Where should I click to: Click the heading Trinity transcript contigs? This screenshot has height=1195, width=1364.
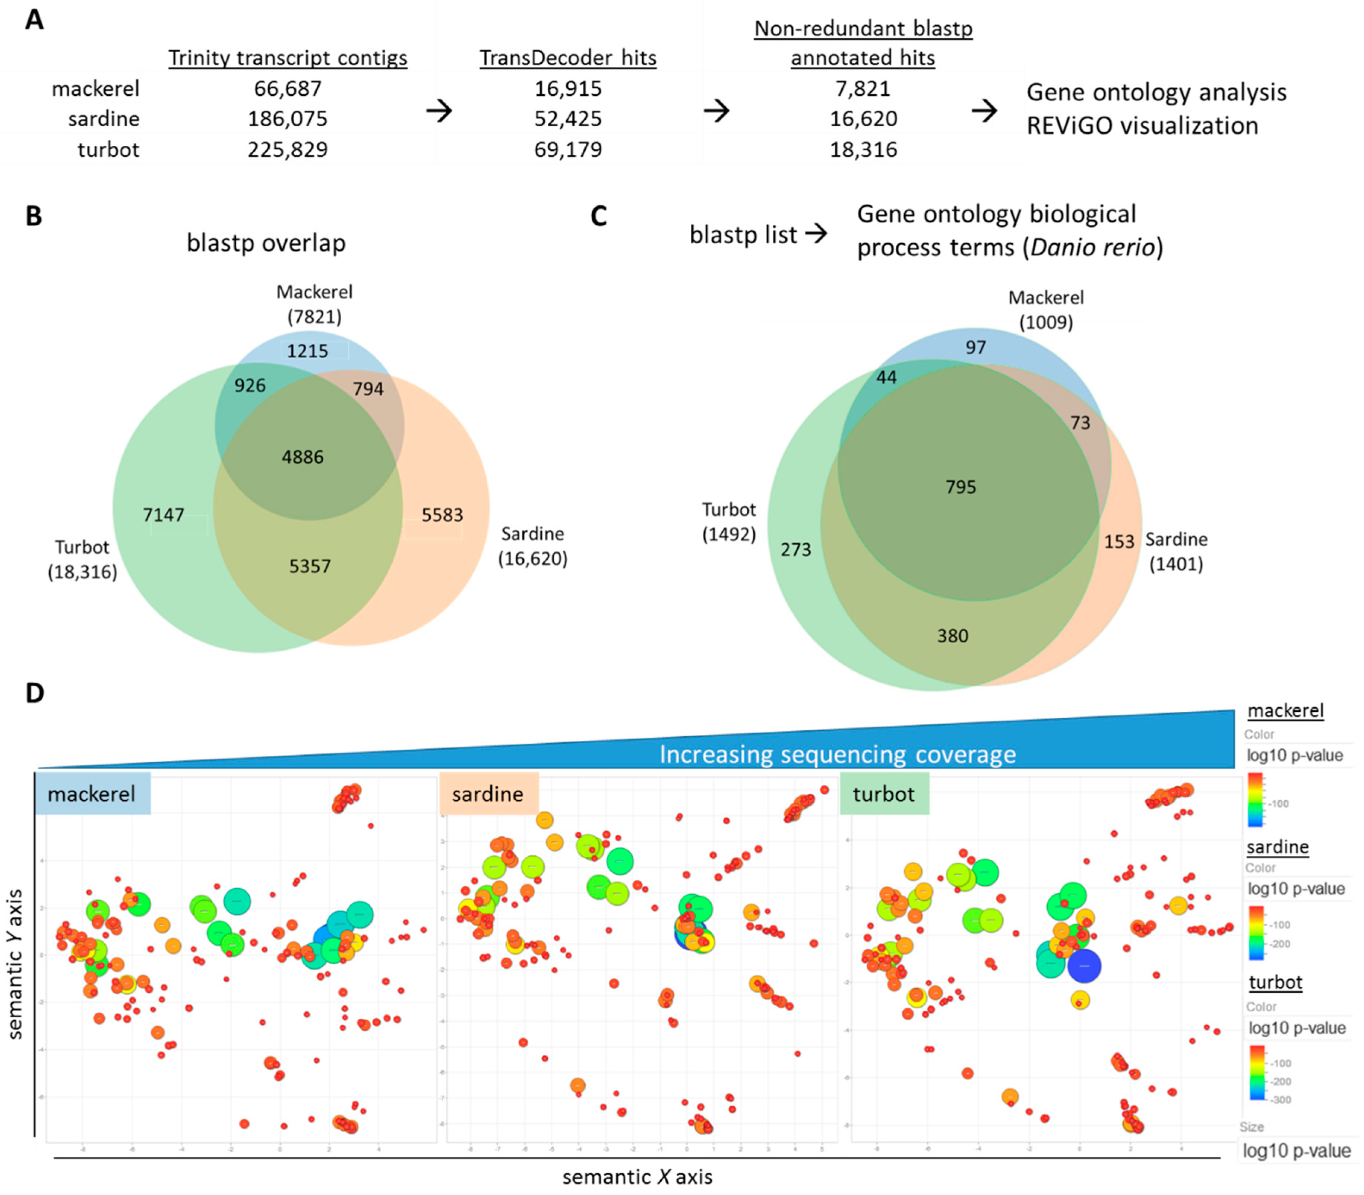287,58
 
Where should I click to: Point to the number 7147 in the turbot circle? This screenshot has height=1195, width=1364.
163,515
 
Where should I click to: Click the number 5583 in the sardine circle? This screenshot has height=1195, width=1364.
442,515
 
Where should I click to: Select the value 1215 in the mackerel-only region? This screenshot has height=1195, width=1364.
307,351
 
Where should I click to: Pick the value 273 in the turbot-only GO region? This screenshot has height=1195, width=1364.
795,550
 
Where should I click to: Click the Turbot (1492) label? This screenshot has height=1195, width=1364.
729,522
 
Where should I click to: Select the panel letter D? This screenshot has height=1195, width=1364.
35,693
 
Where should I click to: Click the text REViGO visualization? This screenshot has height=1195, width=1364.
1142,126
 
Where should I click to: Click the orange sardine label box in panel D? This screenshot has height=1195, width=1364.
488,794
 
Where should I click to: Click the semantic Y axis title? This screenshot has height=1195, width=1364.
15,964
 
